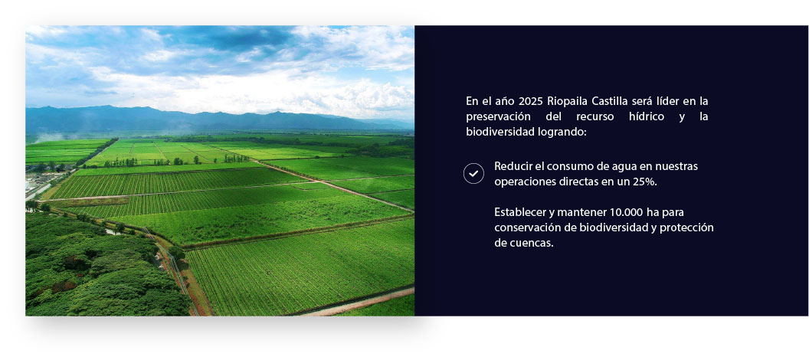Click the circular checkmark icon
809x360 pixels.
[473, 173]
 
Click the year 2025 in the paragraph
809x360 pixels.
[531, 101]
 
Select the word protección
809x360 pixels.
[689, 227]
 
